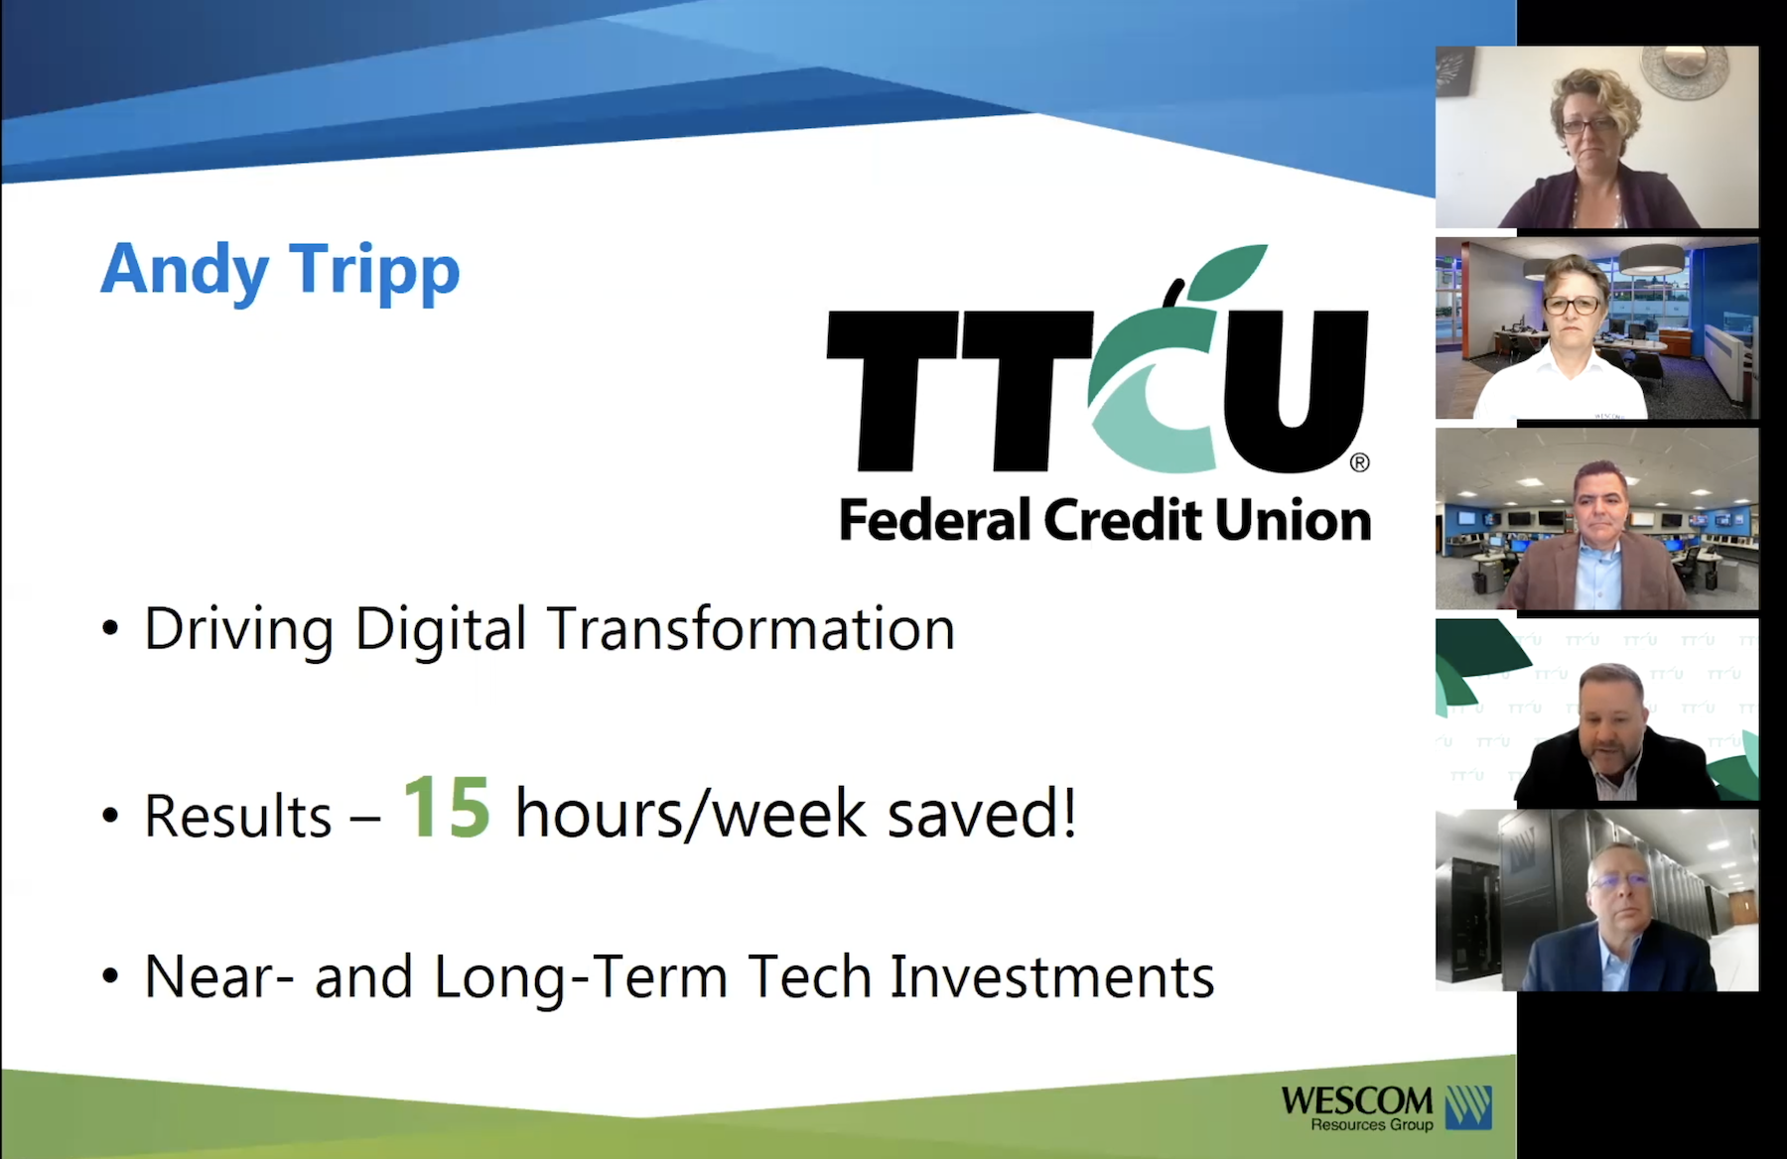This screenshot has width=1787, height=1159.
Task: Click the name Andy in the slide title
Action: (x=185, y=270)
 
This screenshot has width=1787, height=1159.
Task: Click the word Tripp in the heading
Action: (x=375, y=270)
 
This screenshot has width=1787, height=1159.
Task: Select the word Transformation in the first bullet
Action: (x=751, y=628)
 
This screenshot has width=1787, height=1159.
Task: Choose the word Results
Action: (x=238, y=816)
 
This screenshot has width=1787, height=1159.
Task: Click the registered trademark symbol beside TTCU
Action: (x=1360, y=462)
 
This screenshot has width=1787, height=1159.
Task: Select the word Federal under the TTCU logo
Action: (x=935, y=520)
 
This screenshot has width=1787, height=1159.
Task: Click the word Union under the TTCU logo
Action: (x=1294, y=520)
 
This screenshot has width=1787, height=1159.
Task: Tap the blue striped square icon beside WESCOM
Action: (x=1468, y=1107)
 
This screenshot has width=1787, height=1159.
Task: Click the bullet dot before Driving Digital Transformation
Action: (x=110, y=629)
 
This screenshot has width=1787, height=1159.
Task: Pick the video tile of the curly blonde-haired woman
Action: (x=1596, y=137)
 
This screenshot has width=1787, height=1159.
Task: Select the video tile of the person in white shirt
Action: (x=1596, y=328)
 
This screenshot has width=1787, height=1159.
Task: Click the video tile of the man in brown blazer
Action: (x=1596, y=519)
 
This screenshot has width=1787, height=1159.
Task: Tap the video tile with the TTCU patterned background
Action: (x=1596, y=709)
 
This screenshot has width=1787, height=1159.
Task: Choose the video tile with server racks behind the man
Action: (x=1596, y=900)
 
